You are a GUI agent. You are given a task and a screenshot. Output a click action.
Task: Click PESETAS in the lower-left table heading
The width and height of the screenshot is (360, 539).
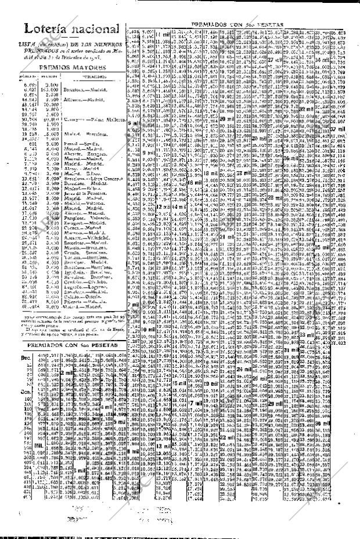[x=102, y=345]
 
